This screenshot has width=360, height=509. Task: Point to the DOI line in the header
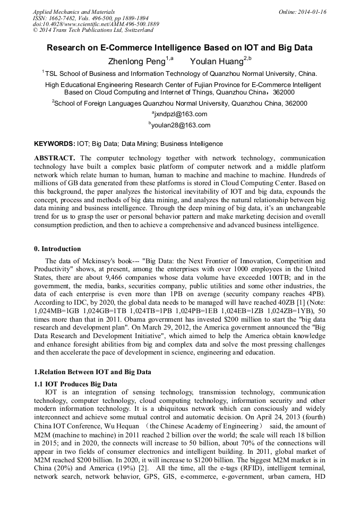click(x=96, y=24)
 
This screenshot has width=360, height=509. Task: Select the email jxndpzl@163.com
click(x=181, y=114)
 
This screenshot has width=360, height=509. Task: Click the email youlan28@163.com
click(x=181, y=126)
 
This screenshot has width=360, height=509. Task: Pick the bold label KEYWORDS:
click(x=54, y=144)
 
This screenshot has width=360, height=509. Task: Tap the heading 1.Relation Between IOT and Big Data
click(x=92, y=372)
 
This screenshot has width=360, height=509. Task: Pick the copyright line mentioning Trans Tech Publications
click(x=93, y=30)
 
